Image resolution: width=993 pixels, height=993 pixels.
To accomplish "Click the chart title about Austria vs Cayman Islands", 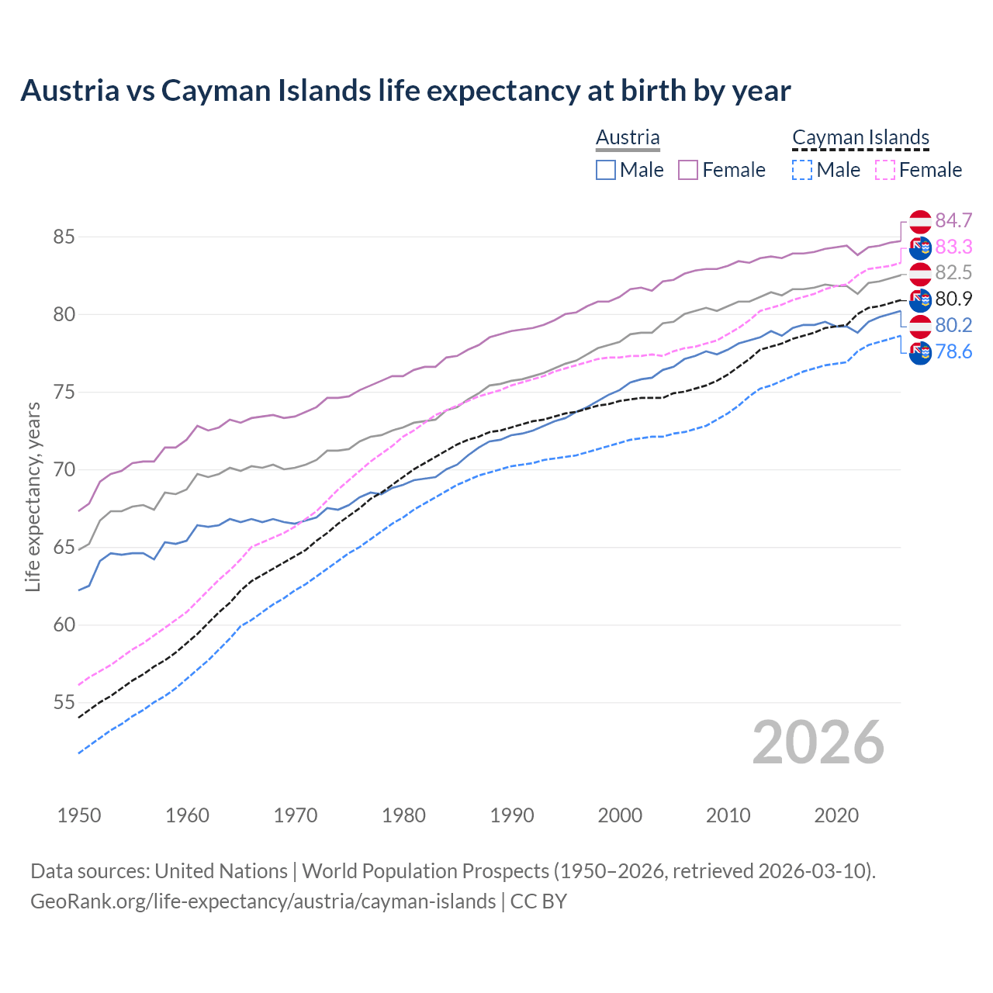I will tap(405, 91).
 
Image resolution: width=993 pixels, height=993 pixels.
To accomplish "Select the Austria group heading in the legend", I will tap(628, 138).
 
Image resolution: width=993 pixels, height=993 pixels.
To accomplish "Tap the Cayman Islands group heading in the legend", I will tap(860, 138).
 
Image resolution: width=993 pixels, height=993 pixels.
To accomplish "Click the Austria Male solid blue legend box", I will tap(606, 170).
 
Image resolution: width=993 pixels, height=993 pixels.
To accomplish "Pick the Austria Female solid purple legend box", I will tap(688, 170).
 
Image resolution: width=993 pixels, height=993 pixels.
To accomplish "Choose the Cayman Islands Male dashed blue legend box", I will tap(802, 170).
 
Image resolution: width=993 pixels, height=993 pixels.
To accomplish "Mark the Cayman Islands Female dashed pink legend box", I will tap(884, 170).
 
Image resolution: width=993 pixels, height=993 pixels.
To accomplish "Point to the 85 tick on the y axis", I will tap(64, 237).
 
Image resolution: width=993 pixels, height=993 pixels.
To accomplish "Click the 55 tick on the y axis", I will tap(64, 703).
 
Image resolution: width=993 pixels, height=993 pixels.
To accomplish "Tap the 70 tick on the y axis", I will tap(64, 470).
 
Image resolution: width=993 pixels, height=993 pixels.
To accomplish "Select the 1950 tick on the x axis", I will tap(79, 815).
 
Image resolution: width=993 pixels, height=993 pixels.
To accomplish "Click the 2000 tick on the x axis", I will tap(620, 815).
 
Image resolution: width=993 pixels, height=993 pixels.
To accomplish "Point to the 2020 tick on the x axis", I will tap(836, 815).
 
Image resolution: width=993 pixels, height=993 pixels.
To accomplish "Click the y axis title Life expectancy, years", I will tap(33, 496).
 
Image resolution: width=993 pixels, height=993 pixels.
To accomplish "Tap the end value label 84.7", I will tap(953, 221).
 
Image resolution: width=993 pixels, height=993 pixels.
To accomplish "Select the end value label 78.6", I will tap(953, 352).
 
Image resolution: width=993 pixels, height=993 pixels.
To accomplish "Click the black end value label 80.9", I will tap(953, 299).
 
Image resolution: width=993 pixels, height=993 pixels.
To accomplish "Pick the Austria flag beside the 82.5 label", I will tap(920, 274).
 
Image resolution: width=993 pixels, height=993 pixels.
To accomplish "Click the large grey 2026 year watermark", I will tap(818, 742).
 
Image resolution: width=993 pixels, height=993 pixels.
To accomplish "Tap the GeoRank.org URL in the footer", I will tap(263, 901).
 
